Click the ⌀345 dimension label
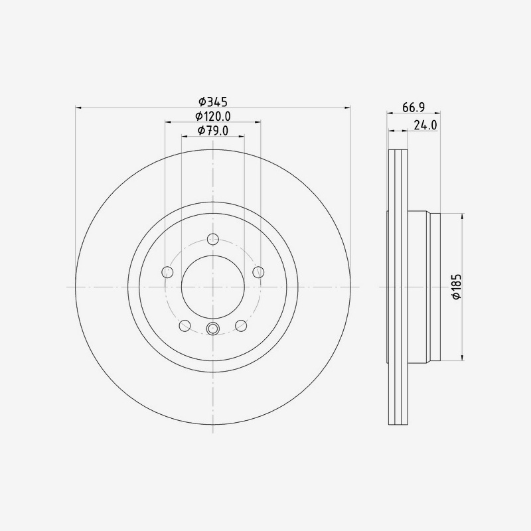click(x=212, y=102)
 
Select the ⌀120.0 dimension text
click(x=212, y=117)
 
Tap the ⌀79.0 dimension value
click(x=212, y=131)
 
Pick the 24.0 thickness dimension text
click(x=425, y=125)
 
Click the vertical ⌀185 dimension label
click(x=456, y=287)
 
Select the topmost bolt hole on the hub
click(x=212, y=239)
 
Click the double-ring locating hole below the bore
click(x=212, y=328)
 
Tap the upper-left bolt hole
click(x=167, y=272)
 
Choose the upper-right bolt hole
click(x=258, y=272)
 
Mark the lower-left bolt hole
click(x=185, y=325)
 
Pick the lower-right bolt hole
click(x=241, y=325)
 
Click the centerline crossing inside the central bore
click(x=212, y=287)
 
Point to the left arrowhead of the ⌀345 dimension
click(x=78, y=108)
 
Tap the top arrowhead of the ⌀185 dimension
click(x=462, y=216)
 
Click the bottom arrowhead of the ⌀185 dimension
click(x=462, y=358)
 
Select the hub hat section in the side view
click(x=423, y=287)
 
